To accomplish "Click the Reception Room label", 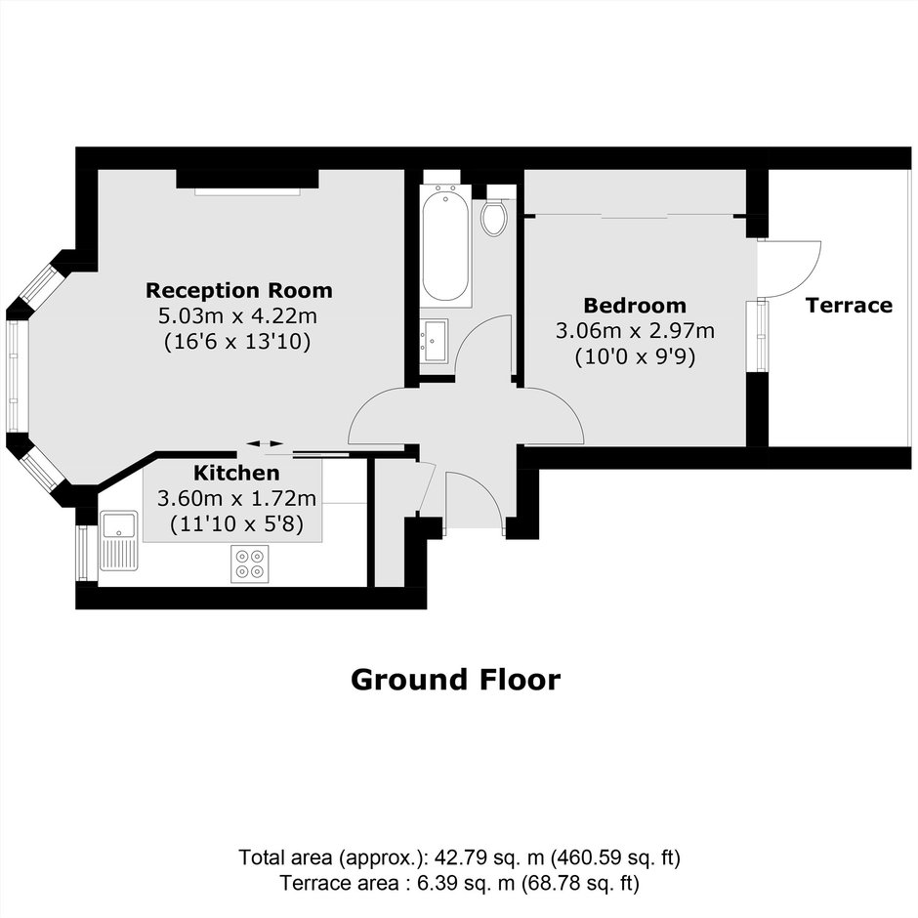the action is click(x=239, y=290).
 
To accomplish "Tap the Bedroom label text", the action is click(x=635, y=305).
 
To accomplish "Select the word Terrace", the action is click(x=849, y=305).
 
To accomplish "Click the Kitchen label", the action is click(x=236, y=473).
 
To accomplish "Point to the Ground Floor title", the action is click(x=455, y=680).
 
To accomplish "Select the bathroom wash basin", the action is click(x=434, y=340).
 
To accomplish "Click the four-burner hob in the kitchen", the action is click(x=250, y=563).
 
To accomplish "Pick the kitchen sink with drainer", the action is click(x=119, y=540).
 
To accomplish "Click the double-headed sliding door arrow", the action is click(x=265, y=443).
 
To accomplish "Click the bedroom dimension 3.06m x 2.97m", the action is click(x=635, y=331).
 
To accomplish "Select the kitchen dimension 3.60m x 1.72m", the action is click(x=236, y=498).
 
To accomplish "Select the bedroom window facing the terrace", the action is click(x=761, y=335).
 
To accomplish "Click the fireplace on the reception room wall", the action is click(x=248, y=181).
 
